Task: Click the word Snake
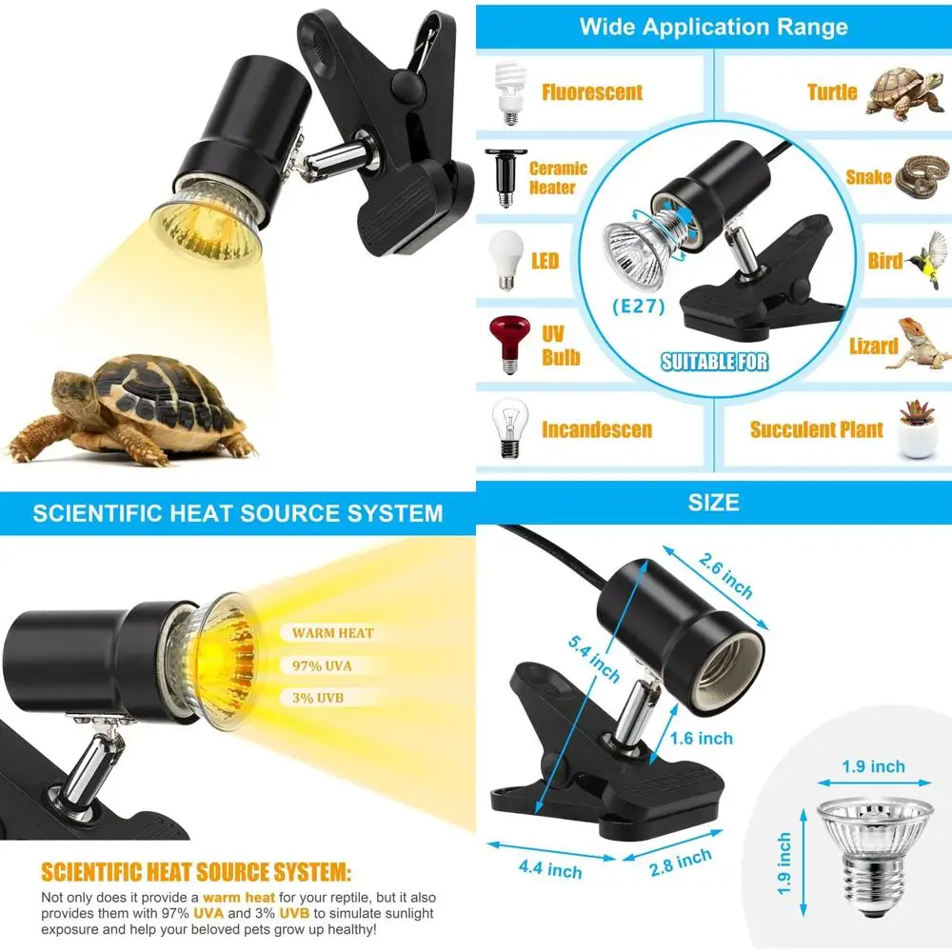point(868,177)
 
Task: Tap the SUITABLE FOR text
point(714,362)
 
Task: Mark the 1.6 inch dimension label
point(702,739)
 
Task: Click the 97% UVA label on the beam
point(321,664)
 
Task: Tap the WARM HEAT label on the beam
point(332,632)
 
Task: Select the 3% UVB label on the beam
point(319,698)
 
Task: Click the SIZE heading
point(714,502)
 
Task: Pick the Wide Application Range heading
point(714,26)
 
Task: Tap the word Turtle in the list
point(832,92)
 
